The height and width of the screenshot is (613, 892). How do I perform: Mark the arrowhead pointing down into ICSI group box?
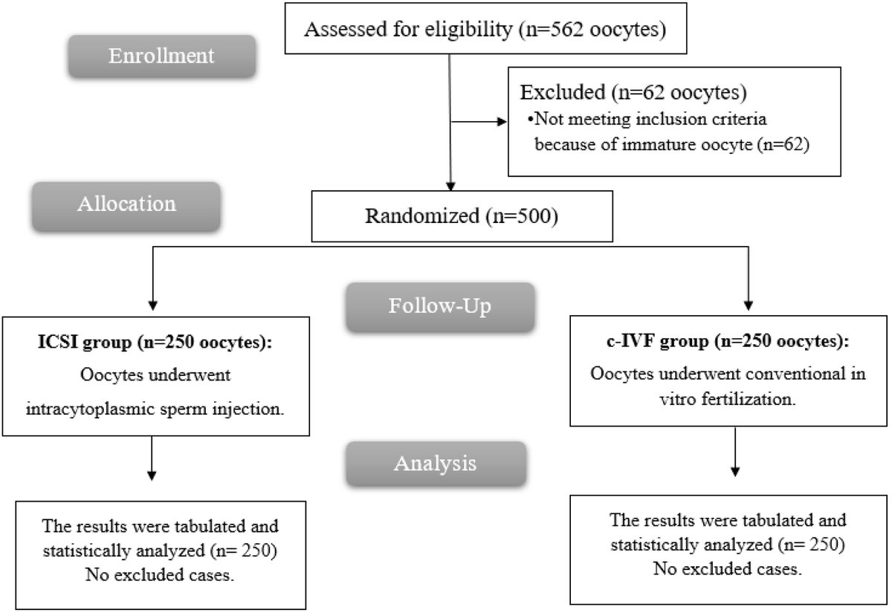pos(153,304)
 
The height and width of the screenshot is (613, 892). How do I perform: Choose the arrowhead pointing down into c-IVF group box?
pos(748,304)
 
